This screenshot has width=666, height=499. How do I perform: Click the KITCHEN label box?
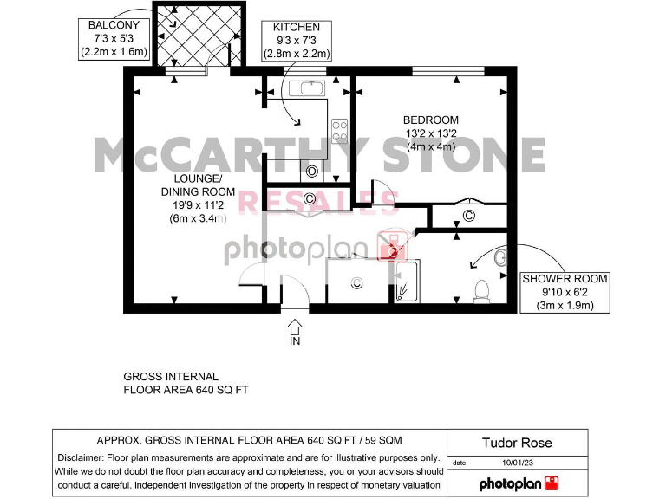[296, 41]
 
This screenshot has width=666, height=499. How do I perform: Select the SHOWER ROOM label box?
[565, 292]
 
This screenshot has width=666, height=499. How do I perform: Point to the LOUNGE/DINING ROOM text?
[192, 198]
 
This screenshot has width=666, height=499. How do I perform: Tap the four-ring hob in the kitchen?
[340, 130]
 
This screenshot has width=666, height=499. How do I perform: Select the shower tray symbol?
[407, 281]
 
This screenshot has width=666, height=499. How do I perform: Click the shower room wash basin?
[499, 258]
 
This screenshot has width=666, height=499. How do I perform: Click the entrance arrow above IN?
[295, 326]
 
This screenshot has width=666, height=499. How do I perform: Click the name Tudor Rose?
[516, 443]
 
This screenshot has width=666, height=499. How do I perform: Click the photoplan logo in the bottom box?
[519, 483]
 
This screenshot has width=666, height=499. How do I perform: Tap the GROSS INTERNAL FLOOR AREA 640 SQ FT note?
[186, 384]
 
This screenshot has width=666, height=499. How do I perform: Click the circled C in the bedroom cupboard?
[468, 216]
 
